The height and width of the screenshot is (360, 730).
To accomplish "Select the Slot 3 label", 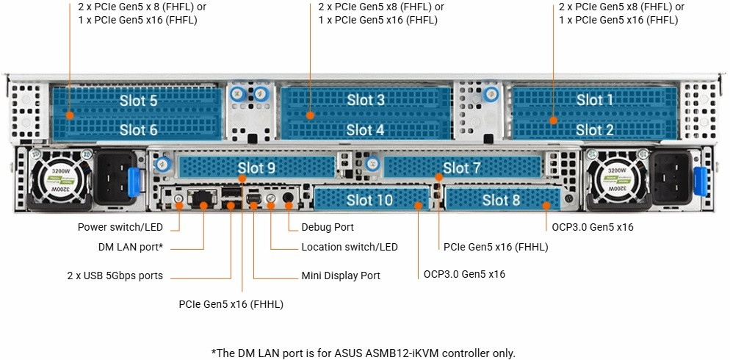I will point(365,100).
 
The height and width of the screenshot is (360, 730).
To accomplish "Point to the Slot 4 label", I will point(365,130).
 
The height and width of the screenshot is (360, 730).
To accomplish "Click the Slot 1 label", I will point(594,100).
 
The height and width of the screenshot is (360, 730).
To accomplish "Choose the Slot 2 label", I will point(594,130).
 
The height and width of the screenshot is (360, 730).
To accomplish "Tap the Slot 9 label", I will point(256,168).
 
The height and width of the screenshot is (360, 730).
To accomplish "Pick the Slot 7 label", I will point(461,168).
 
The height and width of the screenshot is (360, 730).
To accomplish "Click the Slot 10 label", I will point(369,200).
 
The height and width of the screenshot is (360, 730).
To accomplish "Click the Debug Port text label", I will point(328,227).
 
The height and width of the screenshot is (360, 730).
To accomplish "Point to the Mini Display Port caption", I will point(341,276).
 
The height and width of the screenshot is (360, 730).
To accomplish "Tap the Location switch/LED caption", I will point(350,247).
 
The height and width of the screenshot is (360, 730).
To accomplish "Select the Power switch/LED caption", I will point(120,227).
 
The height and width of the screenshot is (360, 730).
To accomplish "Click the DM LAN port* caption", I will point(131,247).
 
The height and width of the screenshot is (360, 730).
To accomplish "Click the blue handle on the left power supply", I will point(134,182).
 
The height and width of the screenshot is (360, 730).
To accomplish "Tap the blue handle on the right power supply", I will point(699,182).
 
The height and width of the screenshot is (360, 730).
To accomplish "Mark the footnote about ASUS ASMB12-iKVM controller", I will point(364,353).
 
